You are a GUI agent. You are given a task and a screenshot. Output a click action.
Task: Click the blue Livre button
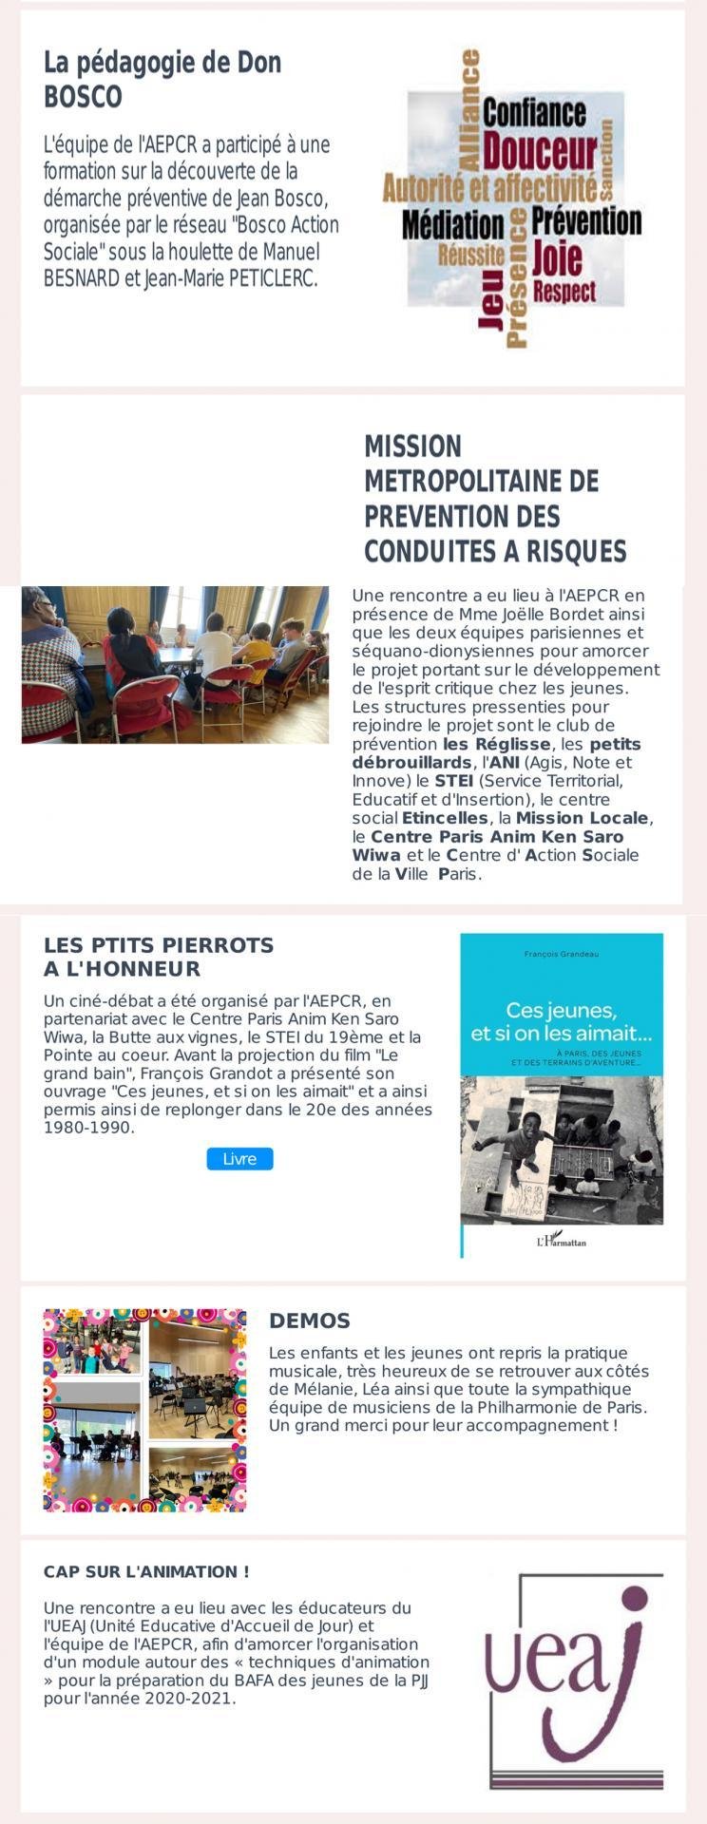pos(239,1159)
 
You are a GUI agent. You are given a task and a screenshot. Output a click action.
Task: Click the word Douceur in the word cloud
pos(540,151)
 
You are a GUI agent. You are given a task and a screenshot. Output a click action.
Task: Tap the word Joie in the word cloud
pos(557,256)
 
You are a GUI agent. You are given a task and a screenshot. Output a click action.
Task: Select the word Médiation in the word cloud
pos(452,225)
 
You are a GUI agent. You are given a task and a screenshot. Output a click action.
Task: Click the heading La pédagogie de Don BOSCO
pos(162,80)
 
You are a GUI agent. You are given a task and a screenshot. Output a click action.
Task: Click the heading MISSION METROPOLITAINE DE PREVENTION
pos(494,498)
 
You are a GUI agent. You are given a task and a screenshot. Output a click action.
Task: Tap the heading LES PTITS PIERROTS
pos(159,957)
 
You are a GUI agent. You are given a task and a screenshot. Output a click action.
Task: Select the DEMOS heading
pos(310,1320)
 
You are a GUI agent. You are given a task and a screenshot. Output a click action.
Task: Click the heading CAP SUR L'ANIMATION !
pos(146,1571)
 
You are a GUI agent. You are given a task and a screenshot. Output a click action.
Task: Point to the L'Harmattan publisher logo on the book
pos(561,1240)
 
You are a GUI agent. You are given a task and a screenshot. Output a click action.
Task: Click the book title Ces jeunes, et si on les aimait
pos(561,1020)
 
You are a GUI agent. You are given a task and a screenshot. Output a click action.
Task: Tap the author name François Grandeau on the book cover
pos(562,953)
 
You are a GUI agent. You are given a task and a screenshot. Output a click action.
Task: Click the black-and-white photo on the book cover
pos(561,1149)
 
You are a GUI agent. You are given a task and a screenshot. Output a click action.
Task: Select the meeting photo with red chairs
pos(175,664)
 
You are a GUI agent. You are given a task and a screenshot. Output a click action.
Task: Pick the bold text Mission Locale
pos(583,818)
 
